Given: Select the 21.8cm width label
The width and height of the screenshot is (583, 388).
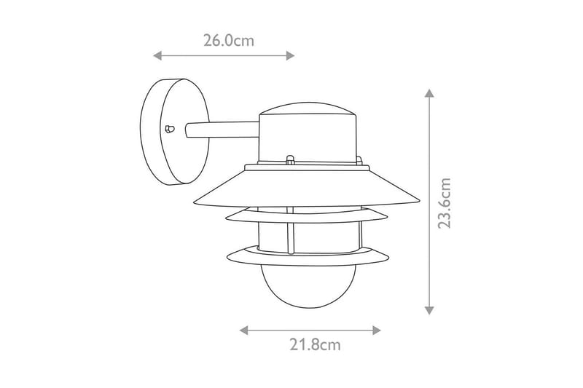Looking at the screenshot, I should (310, 344).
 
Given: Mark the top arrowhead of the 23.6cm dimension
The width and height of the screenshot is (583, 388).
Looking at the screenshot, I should (429, 94).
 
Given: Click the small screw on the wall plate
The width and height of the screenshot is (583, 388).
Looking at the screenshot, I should (170, 130).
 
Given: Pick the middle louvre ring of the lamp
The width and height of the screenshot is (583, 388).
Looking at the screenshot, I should (307, 215).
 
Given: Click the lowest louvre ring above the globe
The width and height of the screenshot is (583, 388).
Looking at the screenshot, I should (307, 255).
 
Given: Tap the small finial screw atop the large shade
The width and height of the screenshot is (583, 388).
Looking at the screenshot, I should (289, 159).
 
